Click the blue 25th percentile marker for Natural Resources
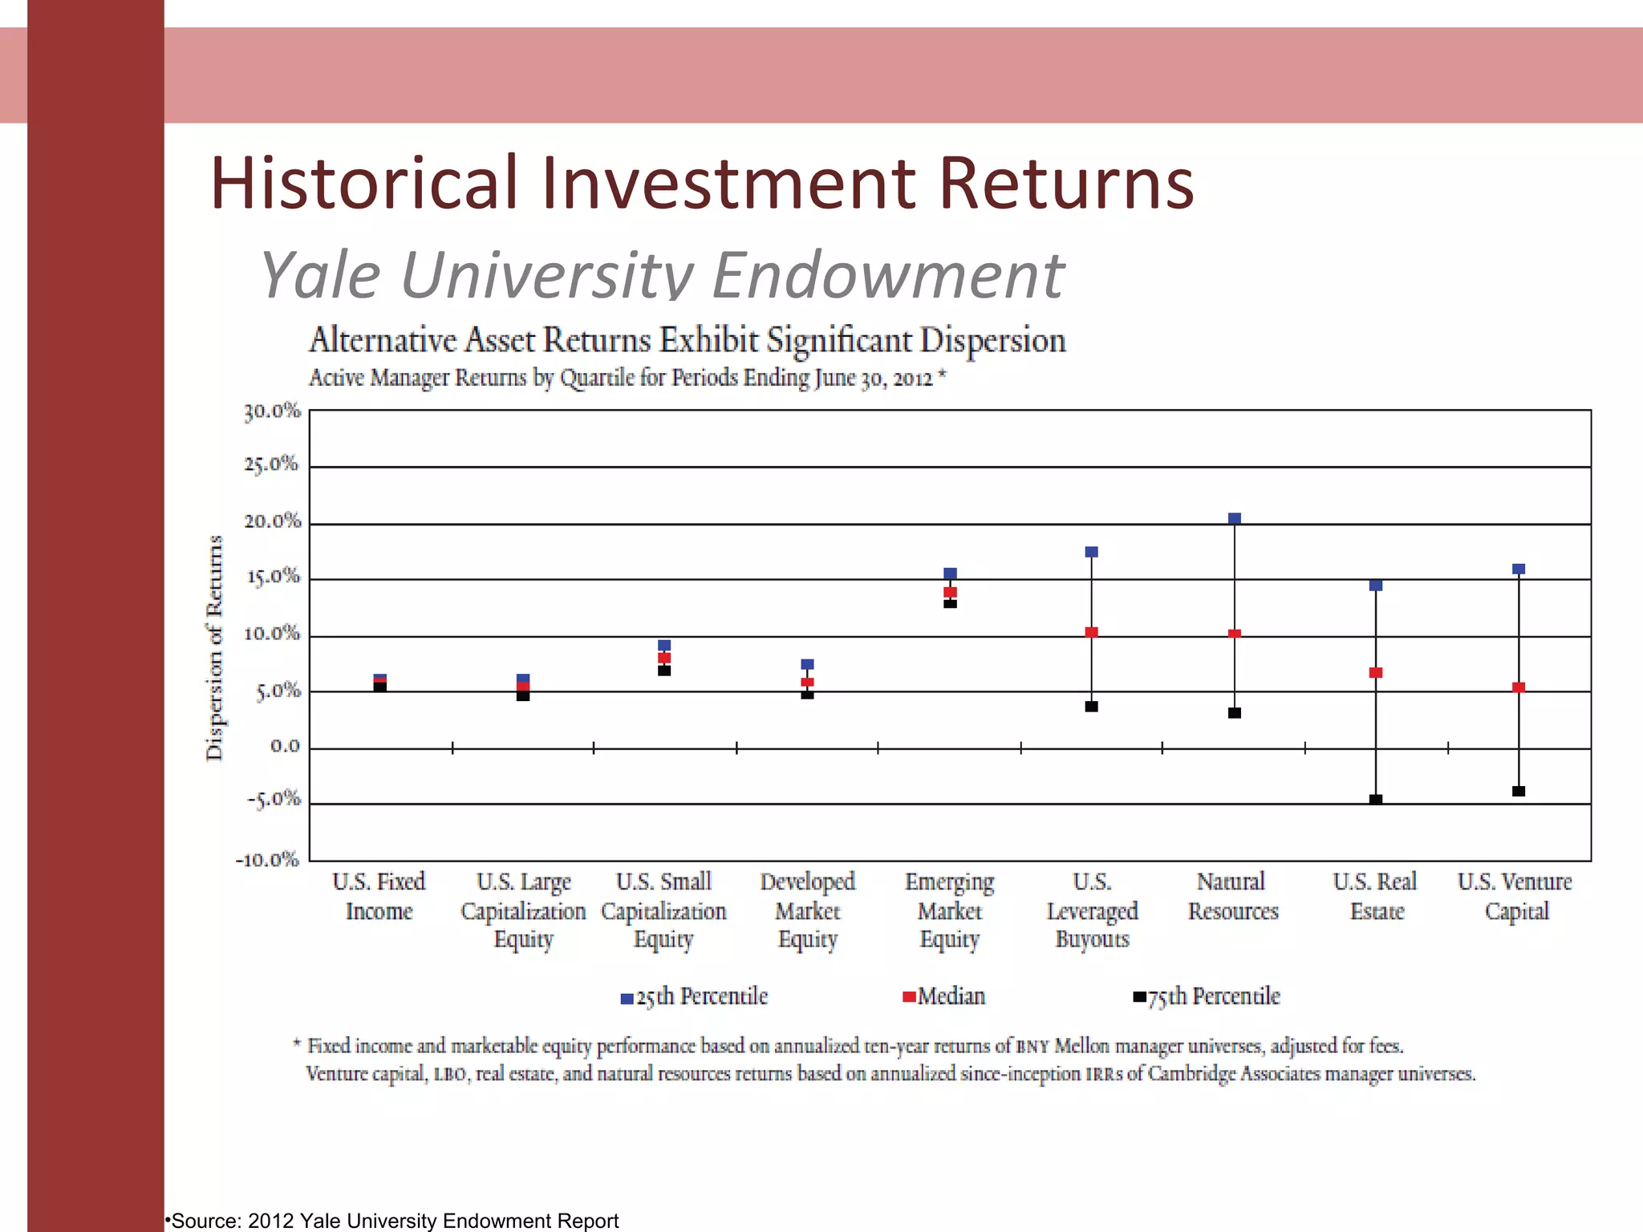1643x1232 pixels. click(x=1235, y=519)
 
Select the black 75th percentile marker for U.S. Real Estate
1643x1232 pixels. click(x=1376, y=800)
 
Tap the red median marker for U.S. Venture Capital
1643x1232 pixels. click(x=1519, y=687)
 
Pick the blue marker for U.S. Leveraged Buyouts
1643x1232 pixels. click(x=1091, y=552)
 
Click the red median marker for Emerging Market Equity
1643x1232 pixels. click(x=950, y=593)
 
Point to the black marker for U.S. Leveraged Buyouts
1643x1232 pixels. click(x=1091, y=707)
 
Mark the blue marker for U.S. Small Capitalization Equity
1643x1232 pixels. click(x=664, y=646)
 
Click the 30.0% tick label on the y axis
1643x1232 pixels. click(x=272, y=411)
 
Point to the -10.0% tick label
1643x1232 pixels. click(x=267, y=860)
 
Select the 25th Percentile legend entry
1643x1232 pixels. click(x=695, y=997)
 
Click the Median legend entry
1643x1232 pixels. click(x=944, y=997)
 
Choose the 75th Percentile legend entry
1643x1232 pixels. click(x=1207, y=997)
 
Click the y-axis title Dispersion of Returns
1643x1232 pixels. click(x=214, y=647)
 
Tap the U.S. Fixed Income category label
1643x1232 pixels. click(x=379, y=896)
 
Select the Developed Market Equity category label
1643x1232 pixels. click(x=808, y=910)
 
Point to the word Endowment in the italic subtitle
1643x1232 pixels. click(x=888, y=275)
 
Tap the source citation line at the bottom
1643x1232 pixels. click(x=393, y=1221)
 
